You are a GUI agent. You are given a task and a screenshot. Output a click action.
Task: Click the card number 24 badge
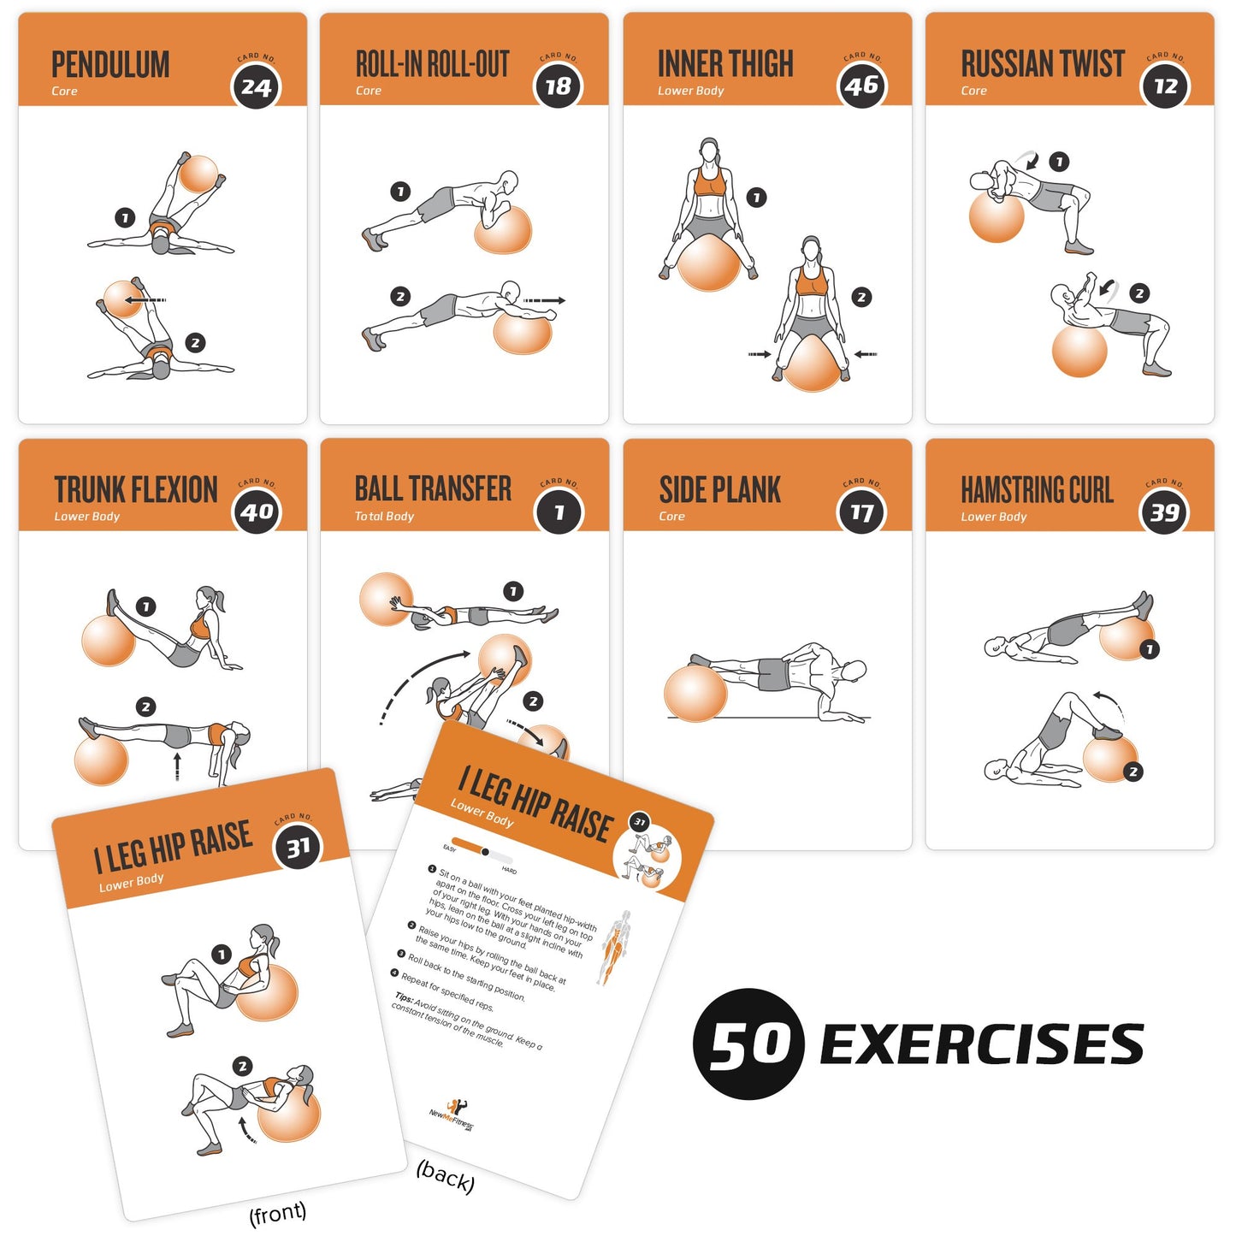256,86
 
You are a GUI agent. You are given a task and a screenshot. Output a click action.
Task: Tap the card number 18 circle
559,86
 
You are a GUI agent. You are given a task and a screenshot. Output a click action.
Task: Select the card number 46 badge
861,86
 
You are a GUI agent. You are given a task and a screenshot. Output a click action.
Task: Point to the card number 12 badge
1165,86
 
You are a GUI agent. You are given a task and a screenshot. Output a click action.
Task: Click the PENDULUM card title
110,65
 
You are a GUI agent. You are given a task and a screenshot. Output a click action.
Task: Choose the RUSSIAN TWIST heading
1042,64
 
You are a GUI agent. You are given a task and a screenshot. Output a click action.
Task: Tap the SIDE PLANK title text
719,490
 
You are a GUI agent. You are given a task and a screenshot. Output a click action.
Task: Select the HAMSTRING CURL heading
1037,490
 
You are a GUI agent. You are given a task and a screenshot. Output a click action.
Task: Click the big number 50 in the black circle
749,1044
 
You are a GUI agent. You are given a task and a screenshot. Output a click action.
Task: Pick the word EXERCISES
981,1044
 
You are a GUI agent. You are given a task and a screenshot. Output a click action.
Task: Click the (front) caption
277,1213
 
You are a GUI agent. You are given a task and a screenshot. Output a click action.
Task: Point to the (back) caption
445,1176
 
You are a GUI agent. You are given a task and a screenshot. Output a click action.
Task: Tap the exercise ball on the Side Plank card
695,693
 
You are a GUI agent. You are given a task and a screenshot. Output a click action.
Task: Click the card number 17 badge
861,512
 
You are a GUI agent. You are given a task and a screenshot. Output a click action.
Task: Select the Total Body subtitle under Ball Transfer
384,517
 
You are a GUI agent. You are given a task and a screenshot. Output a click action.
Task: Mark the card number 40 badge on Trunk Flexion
257,512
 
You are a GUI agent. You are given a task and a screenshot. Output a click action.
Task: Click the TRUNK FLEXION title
136,490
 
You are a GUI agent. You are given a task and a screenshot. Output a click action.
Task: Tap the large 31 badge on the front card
298,848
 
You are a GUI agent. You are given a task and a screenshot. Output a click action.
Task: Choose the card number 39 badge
1164,512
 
